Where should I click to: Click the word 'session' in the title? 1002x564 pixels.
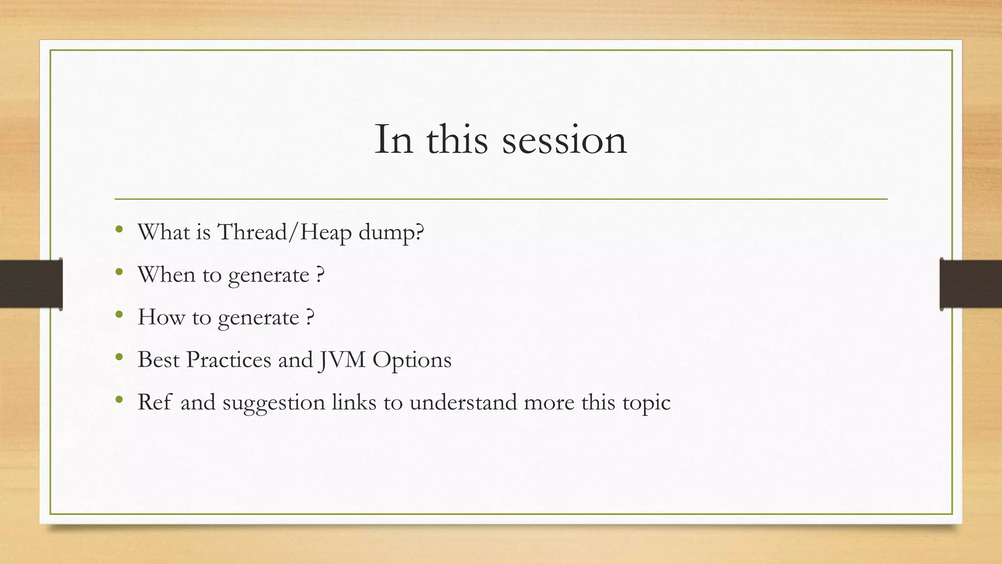click(564, 141)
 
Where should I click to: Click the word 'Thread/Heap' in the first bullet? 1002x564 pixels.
click(284, 232)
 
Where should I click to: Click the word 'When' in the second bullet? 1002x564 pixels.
click(166, 274)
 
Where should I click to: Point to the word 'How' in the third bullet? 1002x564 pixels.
click(161, 317)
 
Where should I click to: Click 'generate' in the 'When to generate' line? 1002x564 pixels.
click(269, 276)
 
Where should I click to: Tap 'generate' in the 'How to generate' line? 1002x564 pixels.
click(258, 318)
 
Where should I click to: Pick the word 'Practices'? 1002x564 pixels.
click(228, 360)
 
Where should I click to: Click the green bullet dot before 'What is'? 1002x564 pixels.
click(119, 230)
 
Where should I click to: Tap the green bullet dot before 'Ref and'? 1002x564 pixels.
click(119, 400)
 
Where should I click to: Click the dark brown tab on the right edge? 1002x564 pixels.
click(971, 284)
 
